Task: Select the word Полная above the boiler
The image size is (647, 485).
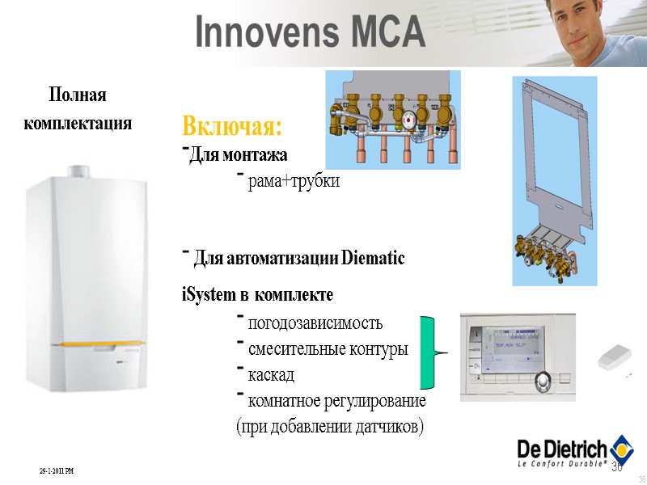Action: (x=78, y=95)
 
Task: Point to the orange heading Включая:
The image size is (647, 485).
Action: (x=232, y=127)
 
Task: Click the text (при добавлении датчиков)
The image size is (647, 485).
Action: (x=329, y=425)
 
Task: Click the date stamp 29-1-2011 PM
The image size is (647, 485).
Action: (x=56, y=470)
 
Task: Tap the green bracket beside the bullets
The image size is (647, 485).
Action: (x=427, y=352)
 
